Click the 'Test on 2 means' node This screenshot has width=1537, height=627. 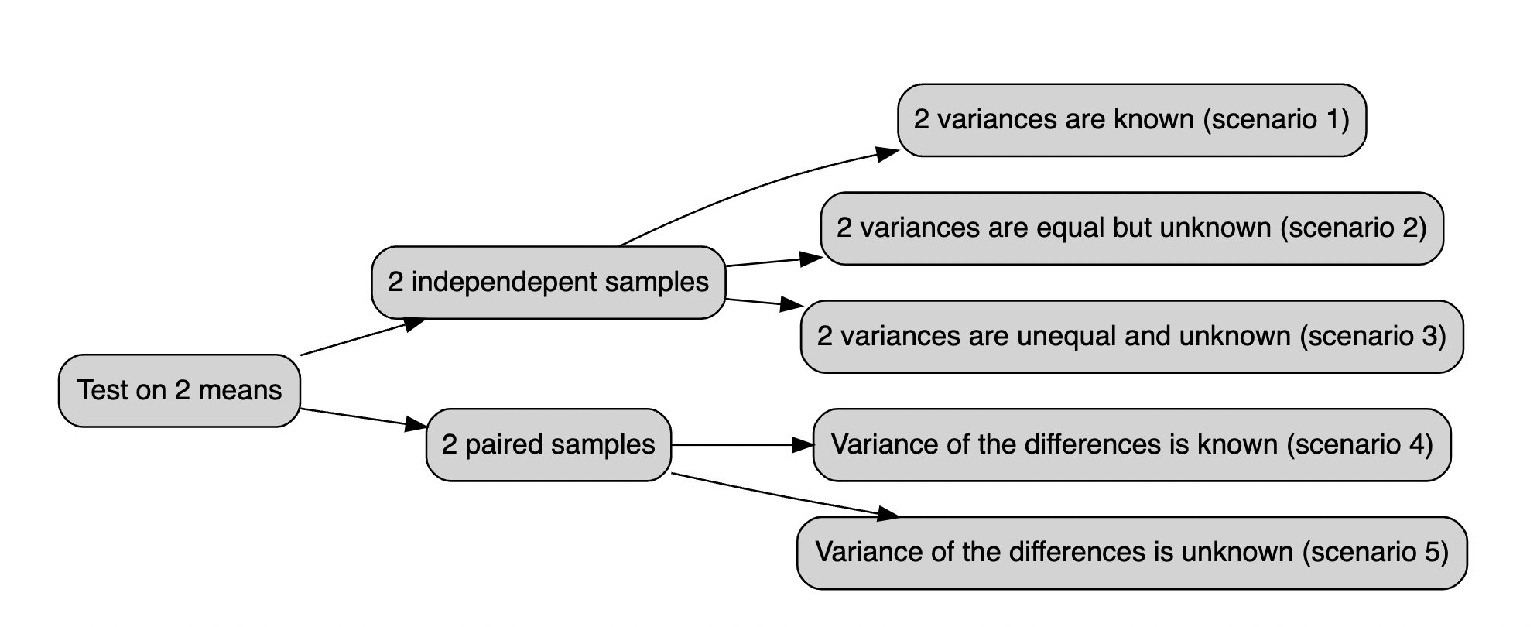(x=179, y=390)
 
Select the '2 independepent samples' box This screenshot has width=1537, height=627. (x=548, y=283)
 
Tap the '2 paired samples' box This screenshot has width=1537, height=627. (x=548, y=444)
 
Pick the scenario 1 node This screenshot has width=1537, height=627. (x=1131, y=120)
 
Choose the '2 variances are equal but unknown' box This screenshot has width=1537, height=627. (x=1131, y=228)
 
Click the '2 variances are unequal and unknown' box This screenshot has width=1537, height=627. (x=1131, y=337)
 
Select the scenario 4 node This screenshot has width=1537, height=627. (x=1131, y=444)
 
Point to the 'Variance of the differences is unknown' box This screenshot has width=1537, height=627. (x=1131, y=553)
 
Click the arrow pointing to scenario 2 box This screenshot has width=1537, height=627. (x=774, y=262)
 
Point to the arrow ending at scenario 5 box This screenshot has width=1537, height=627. (x=782, y=495)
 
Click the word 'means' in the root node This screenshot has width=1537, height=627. (x=240, y=390)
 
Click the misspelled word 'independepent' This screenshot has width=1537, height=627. (x=504, y=283)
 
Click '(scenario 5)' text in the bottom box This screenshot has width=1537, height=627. (x=1375, y=553)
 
